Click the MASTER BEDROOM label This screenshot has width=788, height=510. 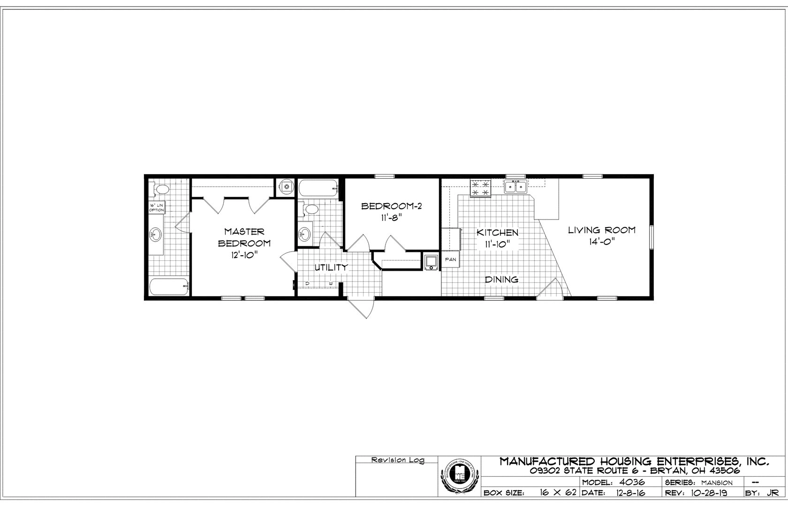244,237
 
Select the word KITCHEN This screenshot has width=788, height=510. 497,233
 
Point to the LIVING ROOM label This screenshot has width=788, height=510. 602,230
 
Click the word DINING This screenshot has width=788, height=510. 501,280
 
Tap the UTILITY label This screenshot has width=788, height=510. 331,267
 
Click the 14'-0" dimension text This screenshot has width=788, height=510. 601,241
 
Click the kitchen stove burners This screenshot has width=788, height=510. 481,188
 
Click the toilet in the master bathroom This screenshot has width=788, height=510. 160,190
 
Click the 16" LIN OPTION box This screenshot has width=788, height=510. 156,208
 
